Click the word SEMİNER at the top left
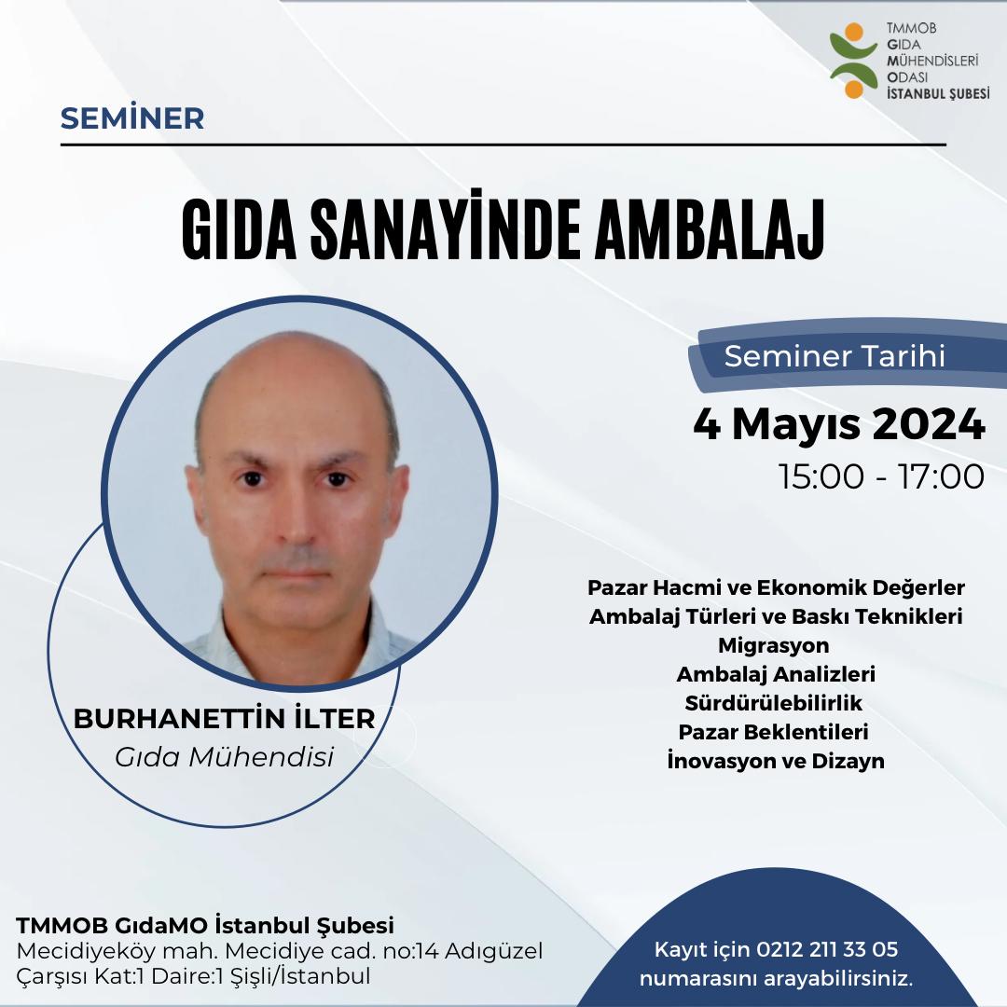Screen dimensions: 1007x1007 click(x=131, y=118)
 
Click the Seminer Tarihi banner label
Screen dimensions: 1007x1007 click(x=835, y=356)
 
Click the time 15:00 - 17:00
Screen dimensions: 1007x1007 click(x=882, y=476)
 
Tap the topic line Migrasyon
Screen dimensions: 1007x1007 click(x=774, y=644)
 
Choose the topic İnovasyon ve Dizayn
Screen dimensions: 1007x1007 click(x=775, y=760)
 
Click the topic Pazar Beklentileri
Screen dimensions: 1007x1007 click(x=775, y=731)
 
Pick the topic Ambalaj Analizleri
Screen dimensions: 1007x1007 click(x=775, y=673)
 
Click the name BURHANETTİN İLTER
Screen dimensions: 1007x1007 click(x=224, y=720)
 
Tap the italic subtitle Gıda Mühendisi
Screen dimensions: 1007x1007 click(x=224, y=756)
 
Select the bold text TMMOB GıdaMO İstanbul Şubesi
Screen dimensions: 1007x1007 click(x=206, y=926)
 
